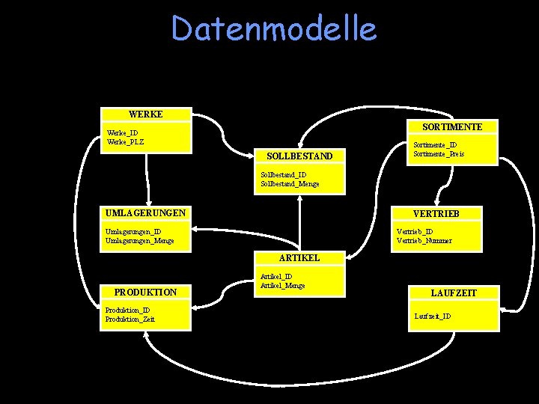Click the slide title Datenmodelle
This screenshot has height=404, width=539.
[x=274, y=29]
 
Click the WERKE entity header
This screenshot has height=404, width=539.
[x=145, y=114]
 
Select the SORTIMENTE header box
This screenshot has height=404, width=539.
[x=452, y=126]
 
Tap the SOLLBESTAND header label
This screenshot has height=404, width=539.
[x=299, y=156]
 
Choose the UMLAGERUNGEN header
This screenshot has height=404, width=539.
[x=145, y=213]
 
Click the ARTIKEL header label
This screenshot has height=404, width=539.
[x=299, y=257]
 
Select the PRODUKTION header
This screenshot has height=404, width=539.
[x=145, y=292]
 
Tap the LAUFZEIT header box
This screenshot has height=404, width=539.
[x=454, y=293]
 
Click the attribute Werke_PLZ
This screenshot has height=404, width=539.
[x=125, y=141]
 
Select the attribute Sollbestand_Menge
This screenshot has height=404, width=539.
[x=290, y=183]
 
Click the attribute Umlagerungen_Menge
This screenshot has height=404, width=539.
[x=140, y=240]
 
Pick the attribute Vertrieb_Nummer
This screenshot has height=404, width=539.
[x=424, y=240]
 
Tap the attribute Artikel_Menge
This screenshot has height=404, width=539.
[x=282, y=285]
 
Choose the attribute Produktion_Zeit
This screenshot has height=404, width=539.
[x=130, y=319]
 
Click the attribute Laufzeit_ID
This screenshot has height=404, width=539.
[x=433, y=316]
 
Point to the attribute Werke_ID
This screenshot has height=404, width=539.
[x=122, y=133]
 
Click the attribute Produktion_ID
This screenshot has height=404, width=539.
[x=127, y=310]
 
